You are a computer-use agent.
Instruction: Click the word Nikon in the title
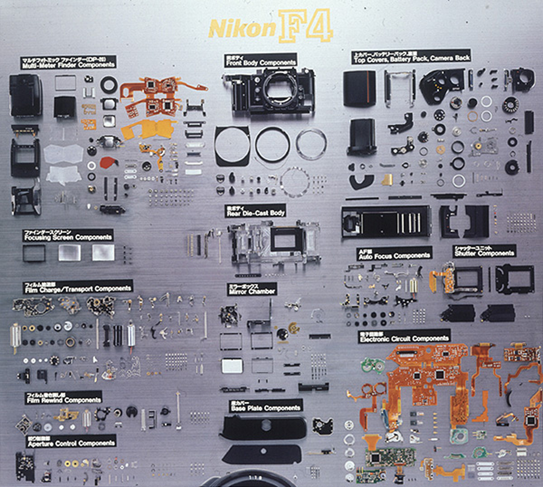point(242,29)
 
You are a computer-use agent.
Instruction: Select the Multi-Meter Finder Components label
point(68,63)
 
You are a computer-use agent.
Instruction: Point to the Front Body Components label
point(261,60)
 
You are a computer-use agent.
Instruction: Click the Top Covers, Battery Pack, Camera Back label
point(411,56)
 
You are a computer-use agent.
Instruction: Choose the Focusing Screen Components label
point(68,235)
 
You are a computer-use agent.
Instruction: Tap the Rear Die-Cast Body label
point(255,211)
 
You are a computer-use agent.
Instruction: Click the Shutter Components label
point(484,251)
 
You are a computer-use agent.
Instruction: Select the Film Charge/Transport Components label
point(78,287)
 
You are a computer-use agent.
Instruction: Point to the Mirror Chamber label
point(252,289)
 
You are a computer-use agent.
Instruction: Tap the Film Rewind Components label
point(63,398)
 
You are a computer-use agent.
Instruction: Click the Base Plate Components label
point(266,406)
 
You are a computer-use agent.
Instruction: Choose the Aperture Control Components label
point(71,442)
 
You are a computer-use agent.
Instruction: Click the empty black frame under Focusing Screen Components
point(34,253)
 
